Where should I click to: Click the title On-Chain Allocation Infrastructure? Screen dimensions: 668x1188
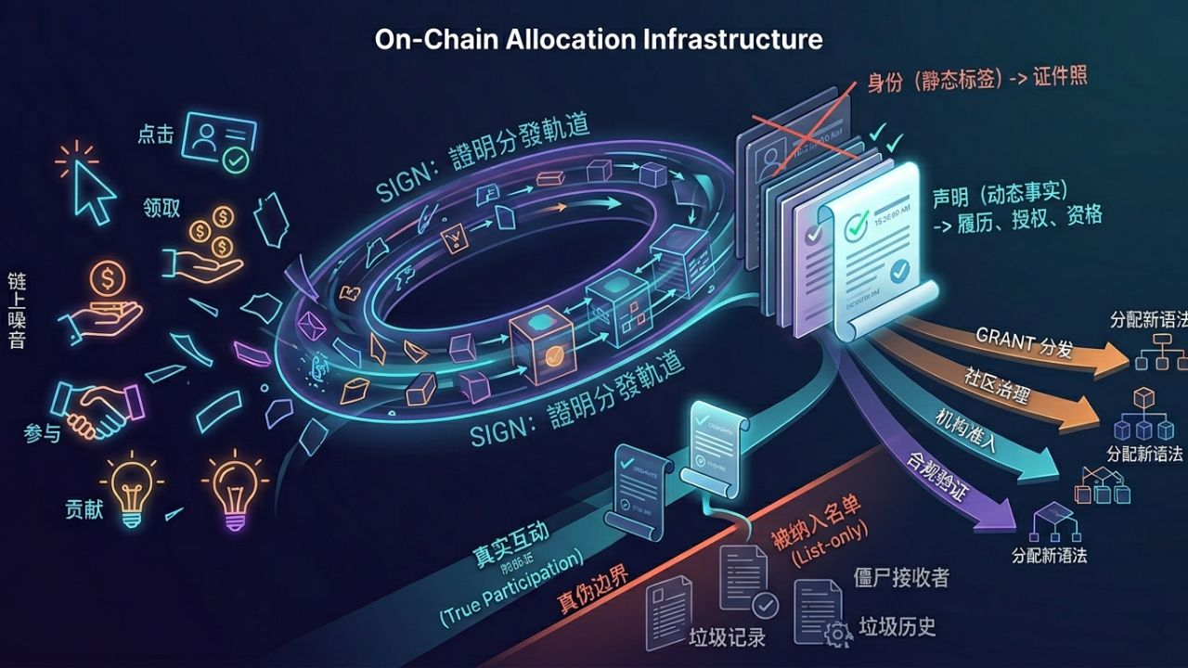tap(598, 39)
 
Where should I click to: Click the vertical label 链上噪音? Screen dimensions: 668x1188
tap(17, 310)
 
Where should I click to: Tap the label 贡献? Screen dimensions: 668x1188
tap(84, 509)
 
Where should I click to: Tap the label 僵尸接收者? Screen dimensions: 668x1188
tap(901, 578)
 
